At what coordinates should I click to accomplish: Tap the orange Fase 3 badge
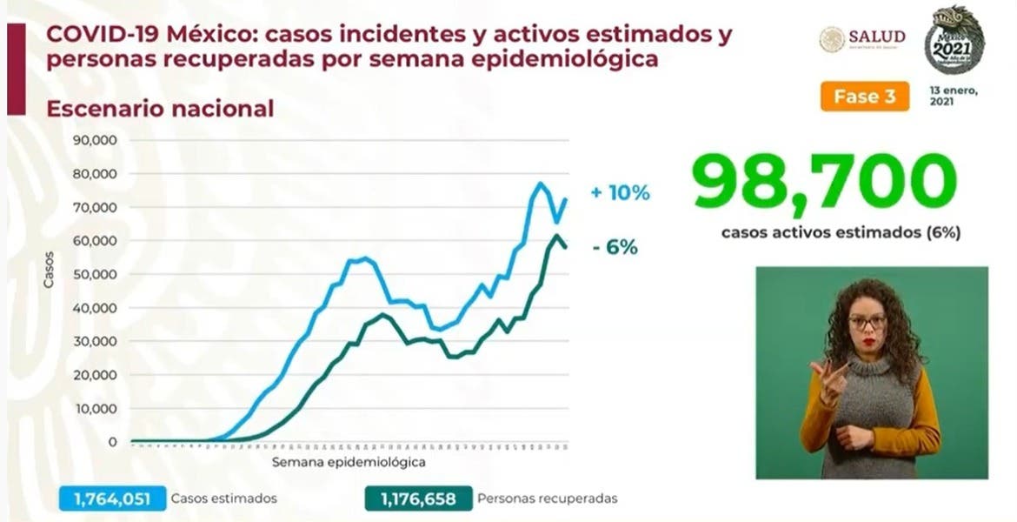click(x=864, y=97)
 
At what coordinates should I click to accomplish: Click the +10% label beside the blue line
click(x=620, y=193)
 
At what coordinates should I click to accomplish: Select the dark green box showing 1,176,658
click(x=413, y=499)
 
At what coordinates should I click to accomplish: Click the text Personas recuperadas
click(x=548, y=499)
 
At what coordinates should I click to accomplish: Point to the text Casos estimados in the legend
click(x=224, y=499)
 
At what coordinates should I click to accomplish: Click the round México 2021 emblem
click(x=954, y=39)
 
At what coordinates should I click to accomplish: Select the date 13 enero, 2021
click(x=954, y=96)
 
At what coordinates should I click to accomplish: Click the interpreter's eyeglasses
click(x=867, y=321)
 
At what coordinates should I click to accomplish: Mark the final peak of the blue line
click(x=540, y=183)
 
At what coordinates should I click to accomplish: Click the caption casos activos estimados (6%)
click(x=841, y=233)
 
